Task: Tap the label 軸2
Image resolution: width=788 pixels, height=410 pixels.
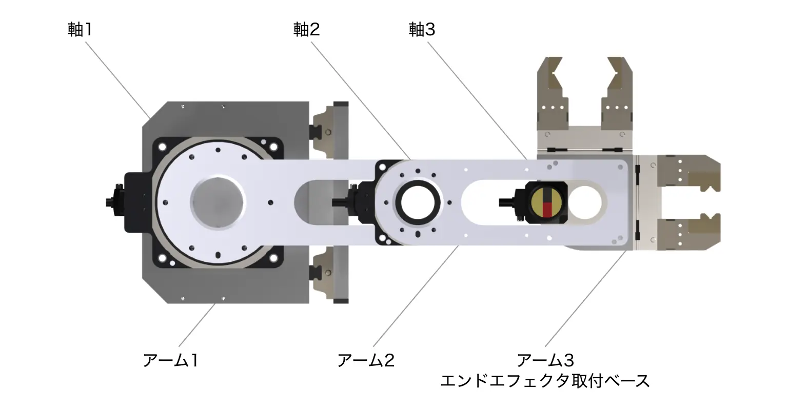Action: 306,29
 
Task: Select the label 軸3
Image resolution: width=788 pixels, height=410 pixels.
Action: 422,29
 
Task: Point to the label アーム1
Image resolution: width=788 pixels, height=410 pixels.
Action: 170,361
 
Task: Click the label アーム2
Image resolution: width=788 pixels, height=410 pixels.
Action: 366,361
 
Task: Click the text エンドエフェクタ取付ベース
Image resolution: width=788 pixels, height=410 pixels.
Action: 545,381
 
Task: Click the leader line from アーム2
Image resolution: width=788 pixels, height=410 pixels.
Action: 416,297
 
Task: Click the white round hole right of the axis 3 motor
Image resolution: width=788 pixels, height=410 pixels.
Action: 585,201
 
